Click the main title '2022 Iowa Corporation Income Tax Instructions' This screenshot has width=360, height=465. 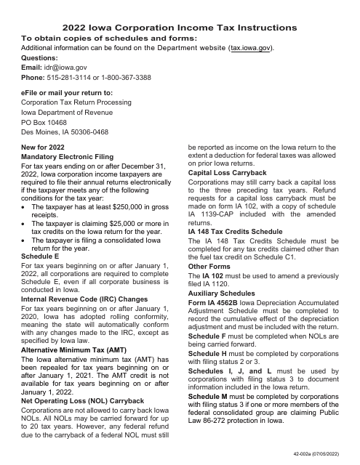(180, 25)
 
